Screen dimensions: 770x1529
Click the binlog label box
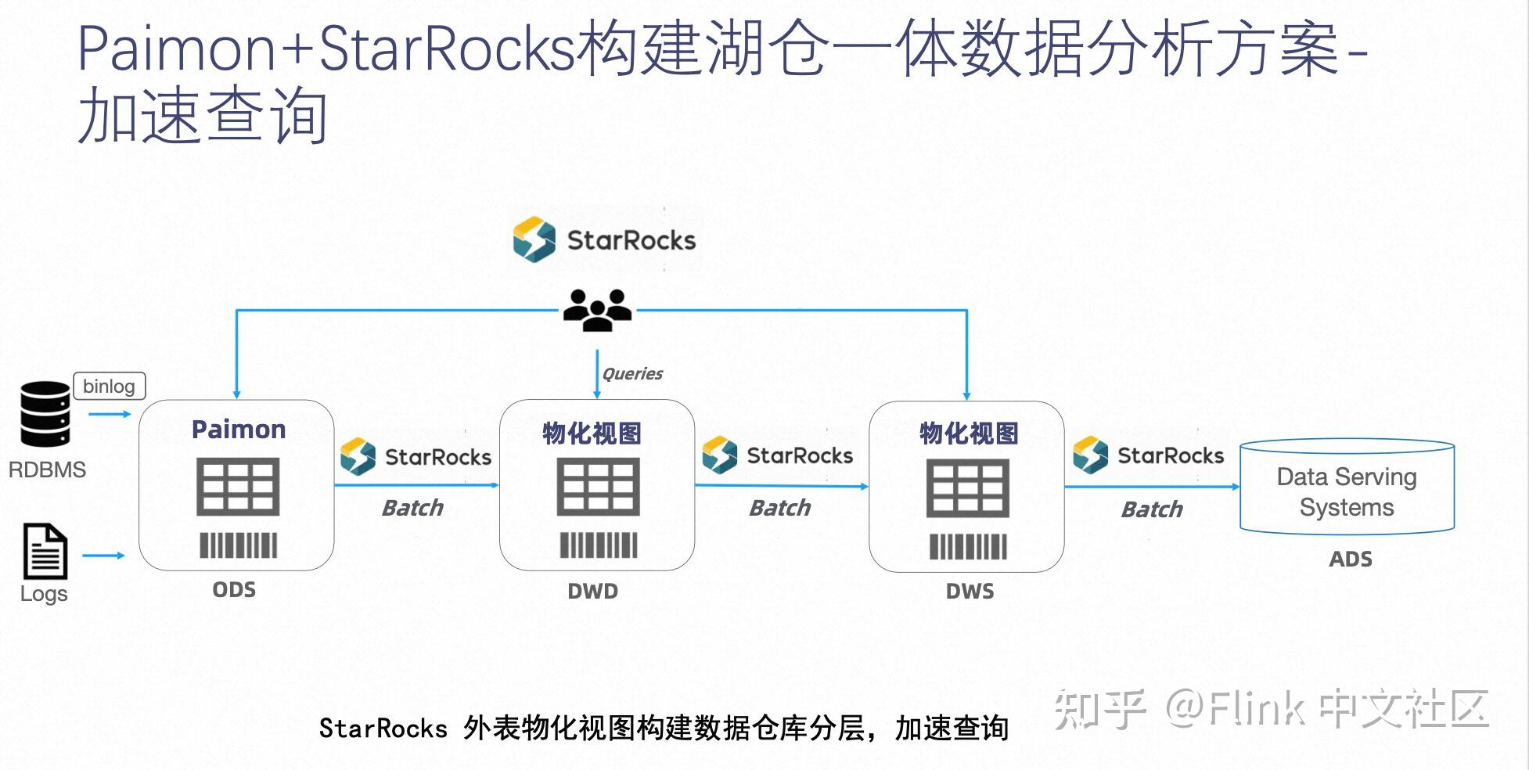[x=109, y=387]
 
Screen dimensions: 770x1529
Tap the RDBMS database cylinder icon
[x=45, y=414]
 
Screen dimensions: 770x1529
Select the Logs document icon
[x=45, y=552]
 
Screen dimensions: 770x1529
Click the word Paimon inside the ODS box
[x=239, y=430]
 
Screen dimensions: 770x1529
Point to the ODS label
[x=234, y=590]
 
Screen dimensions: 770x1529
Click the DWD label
[x=592, y=592]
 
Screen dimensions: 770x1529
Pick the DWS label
[x=970, y=592]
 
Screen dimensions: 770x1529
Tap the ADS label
[x=1350, y=560]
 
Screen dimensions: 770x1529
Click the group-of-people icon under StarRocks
[x=597, y=310]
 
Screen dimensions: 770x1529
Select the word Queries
[x=632, y=374]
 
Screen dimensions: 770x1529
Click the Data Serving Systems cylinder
[x=1347, y=489]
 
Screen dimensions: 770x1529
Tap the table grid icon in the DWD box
[x=598, y=487]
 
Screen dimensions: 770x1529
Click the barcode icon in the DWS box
[x=968, y=546]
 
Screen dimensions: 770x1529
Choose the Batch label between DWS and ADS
[x=1152, y=510]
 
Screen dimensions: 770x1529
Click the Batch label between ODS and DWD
[x=412, y=509]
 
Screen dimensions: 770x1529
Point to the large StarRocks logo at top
[x=604, y=239]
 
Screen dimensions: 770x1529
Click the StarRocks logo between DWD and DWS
[x=778, y=455]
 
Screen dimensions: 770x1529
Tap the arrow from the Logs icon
[x=103, y=556]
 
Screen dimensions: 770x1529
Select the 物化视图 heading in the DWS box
[x=969, y=434]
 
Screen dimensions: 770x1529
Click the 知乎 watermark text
[x=1099, y=709]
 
